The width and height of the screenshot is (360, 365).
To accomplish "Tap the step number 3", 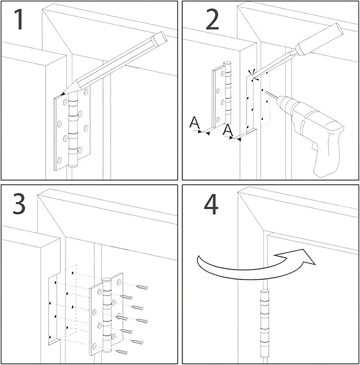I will [20, 204].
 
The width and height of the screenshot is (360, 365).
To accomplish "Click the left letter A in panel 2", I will [195, 123].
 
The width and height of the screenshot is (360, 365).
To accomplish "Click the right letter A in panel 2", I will [228, 129].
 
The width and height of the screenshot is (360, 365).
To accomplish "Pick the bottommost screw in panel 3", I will [122, 351].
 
